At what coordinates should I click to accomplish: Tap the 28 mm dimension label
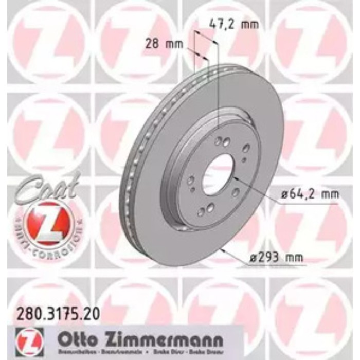tap(164, 44)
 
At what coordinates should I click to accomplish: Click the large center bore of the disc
tap(217, 175)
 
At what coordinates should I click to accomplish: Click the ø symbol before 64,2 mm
tap(284, 194)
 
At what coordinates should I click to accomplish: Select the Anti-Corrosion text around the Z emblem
tap(47, 242)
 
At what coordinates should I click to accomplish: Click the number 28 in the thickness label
tap(151, 44)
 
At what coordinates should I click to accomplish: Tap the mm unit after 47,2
tap(249, 24)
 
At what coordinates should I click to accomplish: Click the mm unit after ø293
tap(294, 257)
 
